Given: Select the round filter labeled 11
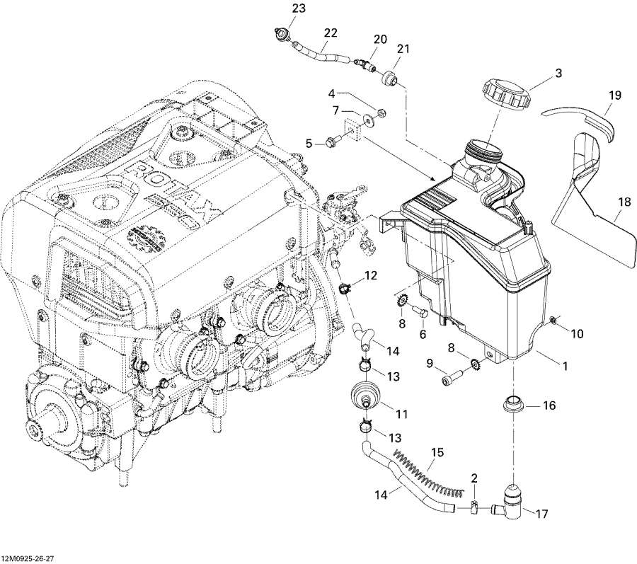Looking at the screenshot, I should click(x=365, y=393).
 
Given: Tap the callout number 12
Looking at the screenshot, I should click(x=371, y=275).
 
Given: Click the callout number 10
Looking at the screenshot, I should click(x=577, y=333).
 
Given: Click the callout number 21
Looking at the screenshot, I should click(x=403, y=49).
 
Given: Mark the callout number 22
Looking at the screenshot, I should click(x=331, y=33).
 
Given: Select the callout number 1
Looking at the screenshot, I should click(x=565, y=366).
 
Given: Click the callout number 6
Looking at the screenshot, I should click(x=423, y=333).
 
